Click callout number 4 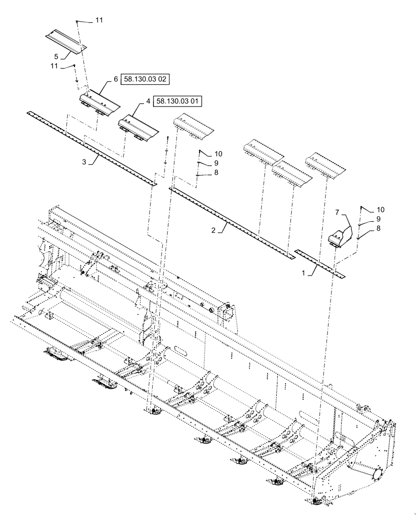coord(148,102)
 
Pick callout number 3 coord(83,162)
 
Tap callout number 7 coord(336,212)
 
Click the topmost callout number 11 coord(99,20)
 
